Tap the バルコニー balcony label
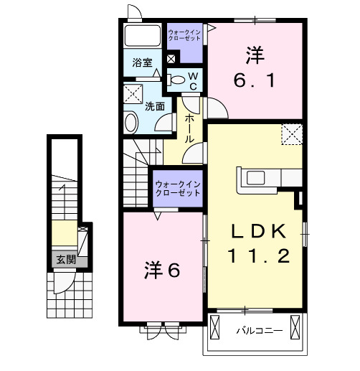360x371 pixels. (x=260, y=331)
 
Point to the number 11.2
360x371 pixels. (x=259, y=255)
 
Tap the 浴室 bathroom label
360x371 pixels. (x=141, y=63)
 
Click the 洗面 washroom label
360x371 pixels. (x=155, y=106)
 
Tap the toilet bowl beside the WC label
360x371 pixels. (x=176, y=80)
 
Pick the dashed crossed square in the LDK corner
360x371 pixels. (x=291, y=133)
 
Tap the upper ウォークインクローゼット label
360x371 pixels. (x=185, y=36)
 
